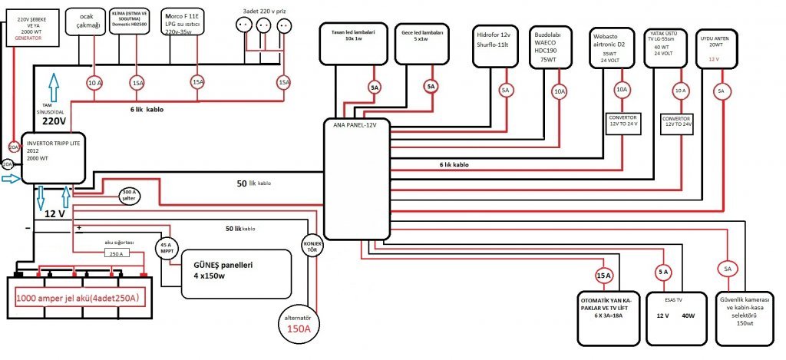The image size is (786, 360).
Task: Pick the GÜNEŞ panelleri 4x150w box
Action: (x=236, y=272)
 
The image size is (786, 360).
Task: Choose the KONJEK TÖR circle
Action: (x=311, y=246)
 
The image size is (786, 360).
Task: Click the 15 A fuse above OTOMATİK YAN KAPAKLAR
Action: (x=603, y=275)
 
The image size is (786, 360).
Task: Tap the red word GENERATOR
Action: (x=23, y=37)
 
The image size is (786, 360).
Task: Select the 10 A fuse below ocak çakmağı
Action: (x=94, y=82)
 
